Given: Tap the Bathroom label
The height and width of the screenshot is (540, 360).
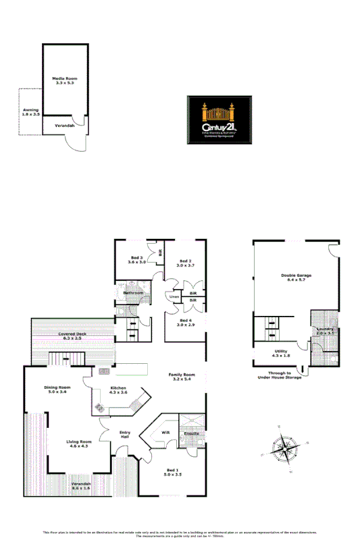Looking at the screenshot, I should [x=133, y=293].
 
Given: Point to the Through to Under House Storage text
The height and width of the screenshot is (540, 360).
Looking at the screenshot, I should [x=279, y=375].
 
